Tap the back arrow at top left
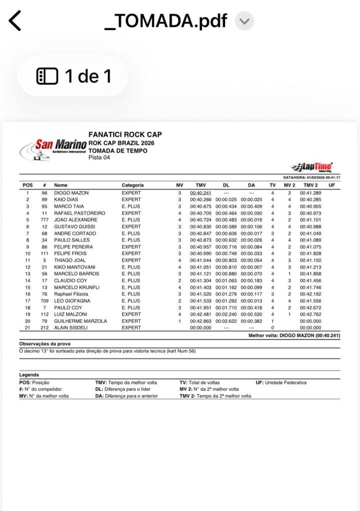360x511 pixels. (15, 20)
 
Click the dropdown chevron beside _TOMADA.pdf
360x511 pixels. (244, 21)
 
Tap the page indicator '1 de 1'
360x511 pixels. (73, 76)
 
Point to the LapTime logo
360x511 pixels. (312, 167)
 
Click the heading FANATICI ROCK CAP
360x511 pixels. (125, 135)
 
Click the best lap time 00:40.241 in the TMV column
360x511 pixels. (201, 193)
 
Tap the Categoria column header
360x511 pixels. (133, 185)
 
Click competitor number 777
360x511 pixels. (44, 220)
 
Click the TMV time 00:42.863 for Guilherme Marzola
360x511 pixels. (201, 321)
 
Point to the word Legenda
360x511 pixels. (29, 374)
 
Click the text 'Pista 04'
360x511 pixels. (99, 158)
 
